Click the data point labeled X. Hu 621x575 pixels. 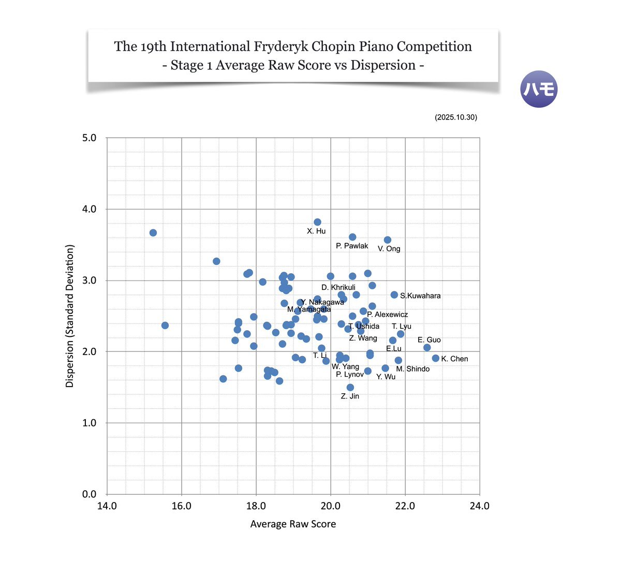coord(317,222)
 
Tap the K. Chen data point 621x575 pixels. coord(436,358)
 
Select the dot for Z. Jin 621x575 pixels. coord(350,387)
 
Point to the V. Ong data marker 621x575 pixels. coord(388,240)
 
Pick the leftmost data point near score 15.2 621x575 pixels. coord(153,233)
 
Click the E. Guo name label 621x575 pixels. coord(430,340)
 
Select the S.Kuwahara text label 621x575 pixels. coord(420,296)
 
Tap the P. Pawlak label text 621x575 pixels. coord(352,246)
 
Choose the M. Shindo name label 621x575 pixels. coord(413,369)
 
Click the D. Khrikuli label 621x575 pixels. coord(338,287)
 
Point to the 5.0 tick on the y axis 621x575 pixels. coord(90,138)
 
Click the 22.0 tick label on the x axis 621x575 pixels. coord(405,506)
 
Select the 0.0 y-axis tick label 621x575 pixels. coord(90,494)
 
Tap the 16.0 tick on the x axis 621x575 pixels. coord(181,506)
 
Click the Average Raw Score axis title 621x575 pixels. coord(293,524)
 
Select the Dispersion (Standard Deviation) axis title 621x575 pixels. coord(70,316)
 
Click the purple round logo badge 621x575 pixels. coord(539,89)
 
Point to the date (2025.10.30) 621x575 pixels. coord(456,117)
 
